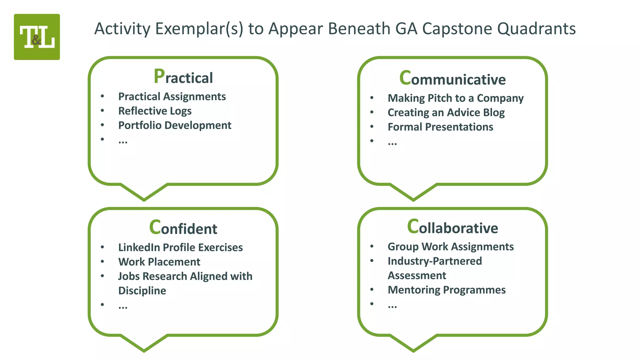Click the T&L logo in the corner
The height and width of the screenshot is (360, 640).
point(37,37)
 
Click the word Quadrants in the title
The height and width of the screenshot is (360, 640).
point(536,29)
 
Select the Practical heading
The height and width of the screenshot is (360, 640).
point(183,77)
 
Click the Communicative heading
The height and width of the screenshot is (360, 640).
point(452,79)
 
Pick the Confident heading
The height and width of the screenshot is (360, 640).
point(183,228)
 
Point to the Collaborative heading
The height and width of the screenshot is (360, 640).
point(452,227)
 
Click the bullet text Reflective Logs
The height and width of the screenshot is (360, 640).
point(155,111)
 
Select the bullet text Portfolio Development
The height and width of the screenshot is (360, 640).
point(175,125)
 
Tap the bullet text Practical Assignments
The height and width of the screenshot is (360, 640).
point(172,97)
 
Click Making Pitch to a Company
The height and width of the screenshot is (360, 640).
point(455,98)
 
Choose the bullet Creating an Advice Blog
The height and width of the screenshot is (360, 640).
point(446,112)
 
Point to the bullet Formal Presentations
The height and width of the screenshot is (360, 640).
point(440,127)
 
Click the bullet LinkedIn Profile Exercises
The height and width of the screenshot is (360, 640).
point(180,247)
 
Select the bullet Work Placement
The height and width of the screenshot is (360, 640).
point(159,262)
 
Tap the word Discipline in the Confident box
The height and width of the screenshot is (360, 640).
point(142,291)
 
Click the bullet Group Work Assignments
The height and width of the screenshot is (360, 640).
point(451,247)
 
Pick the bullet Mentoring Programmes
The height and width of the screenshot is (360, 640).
point(447,290)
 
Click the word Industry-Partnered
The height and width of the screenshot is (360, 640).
point(435,261)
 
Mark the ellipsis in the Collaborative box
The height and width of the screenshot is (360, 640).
point(392,306)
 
